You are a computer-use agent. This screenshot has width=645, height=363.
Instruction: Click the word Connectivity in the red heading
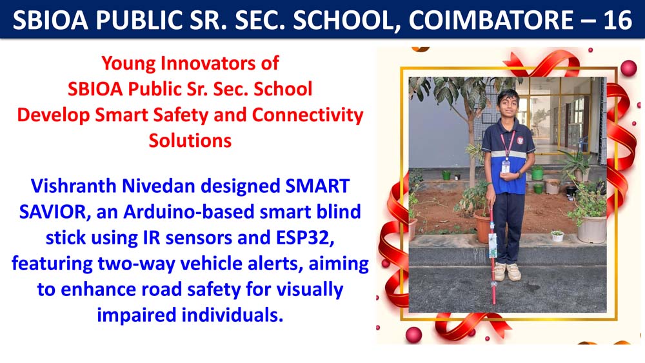point(308,115)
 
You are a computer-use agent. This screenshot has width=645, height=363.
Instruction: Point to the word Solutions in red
point(190,141)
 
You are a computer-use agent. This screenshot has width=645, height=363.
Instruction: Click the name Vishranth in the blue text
point(74,186)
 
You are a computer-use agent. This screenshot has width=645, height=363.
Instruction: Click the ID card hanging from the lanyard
point(506,166)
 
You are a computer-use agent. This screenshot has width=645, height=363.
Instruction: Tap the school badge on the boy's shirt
point(520,141)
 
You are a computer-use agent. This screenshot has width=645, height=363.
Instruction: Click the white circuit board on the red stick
point(492,245)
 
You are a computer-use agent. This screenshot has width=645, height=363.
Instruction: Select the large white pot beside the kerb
point(591,229)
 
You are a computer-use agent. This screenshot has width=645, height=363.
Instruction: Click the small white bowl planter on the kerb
point(557,236)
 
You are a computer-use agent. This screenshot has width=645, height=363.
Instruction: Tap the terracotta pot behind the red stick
point(482,226)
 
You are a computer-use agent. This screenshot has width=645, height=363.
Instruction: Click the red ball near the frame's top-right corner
point(628,68)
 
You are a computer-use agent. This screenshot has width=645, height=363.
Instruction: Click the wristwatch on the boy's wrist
point(519,174)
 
